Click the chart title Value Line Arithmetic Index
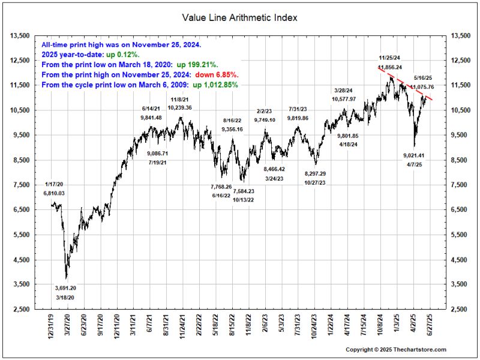point(239,17)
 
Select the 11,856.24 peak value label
point(390,67)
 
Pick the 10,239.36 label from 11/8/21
point(179,107)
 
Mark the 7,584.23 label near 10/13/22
point(243,191)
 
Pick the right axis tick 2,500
point(459,309)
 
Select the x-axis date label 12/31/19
point(51,327)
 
